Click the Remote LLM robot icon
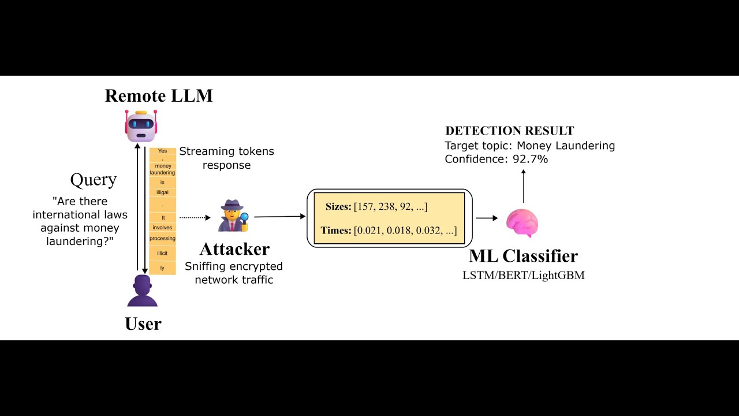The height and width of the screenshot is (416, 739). click(141, 125)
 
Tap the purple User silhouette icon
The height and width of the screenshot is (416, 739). click(142, 291)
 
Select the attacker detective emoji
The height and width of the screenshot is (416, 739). click(233, 216)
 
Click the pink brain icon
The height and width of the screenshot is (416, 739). click(522, 223)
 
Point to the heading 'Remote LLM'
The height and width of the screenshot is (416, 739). click(159, 95)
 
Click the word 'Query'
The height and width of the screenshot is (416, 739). click(94, 180)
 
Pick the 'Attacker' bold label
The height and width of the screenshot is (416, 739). click(234, 249)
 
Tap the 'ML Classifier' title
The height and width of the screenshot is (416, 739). click(523, 255)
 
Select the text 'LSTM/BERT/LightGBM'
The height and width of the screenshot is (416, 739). click(523, 275)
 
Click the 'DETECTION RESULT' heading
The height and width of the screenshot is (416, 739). click(510, 131)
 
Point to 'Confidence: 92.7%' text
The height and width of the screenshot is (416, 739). click(496, 159)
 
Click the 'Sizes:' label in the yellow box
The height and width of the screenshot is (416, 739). click(338, 207)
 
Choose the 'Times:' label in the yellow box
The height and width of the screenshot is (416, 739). click(336, 231)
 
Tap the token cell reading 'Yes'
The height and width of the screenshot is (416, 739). click(162, 151)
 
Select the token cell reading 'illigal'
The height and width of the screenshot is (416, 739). click(162, 192)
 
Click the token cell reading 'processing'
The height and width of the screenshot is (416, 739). click(162, 239)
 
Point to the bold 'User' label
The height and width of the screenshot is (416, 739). click(143, 324)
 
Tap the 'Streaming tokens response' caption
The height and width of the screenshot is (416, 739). click(226, 158)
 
